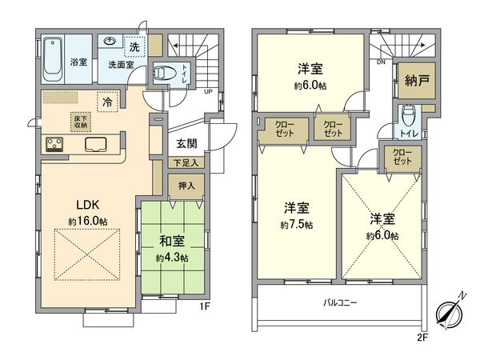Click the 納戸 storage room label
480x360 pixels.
coord(413,79)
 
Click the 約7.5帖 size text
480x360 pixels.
coord(297,225)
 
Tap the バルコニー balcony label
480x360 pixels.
coord(340,303)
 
